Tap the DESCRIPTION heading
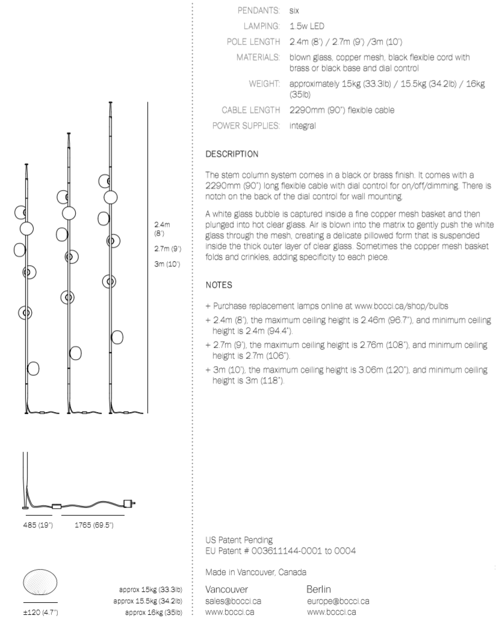232,154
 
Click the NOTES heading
218,283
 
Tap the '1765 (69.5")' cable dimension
93,526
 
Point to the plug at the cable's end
128,502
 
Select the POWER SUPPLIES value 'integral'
303,126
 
